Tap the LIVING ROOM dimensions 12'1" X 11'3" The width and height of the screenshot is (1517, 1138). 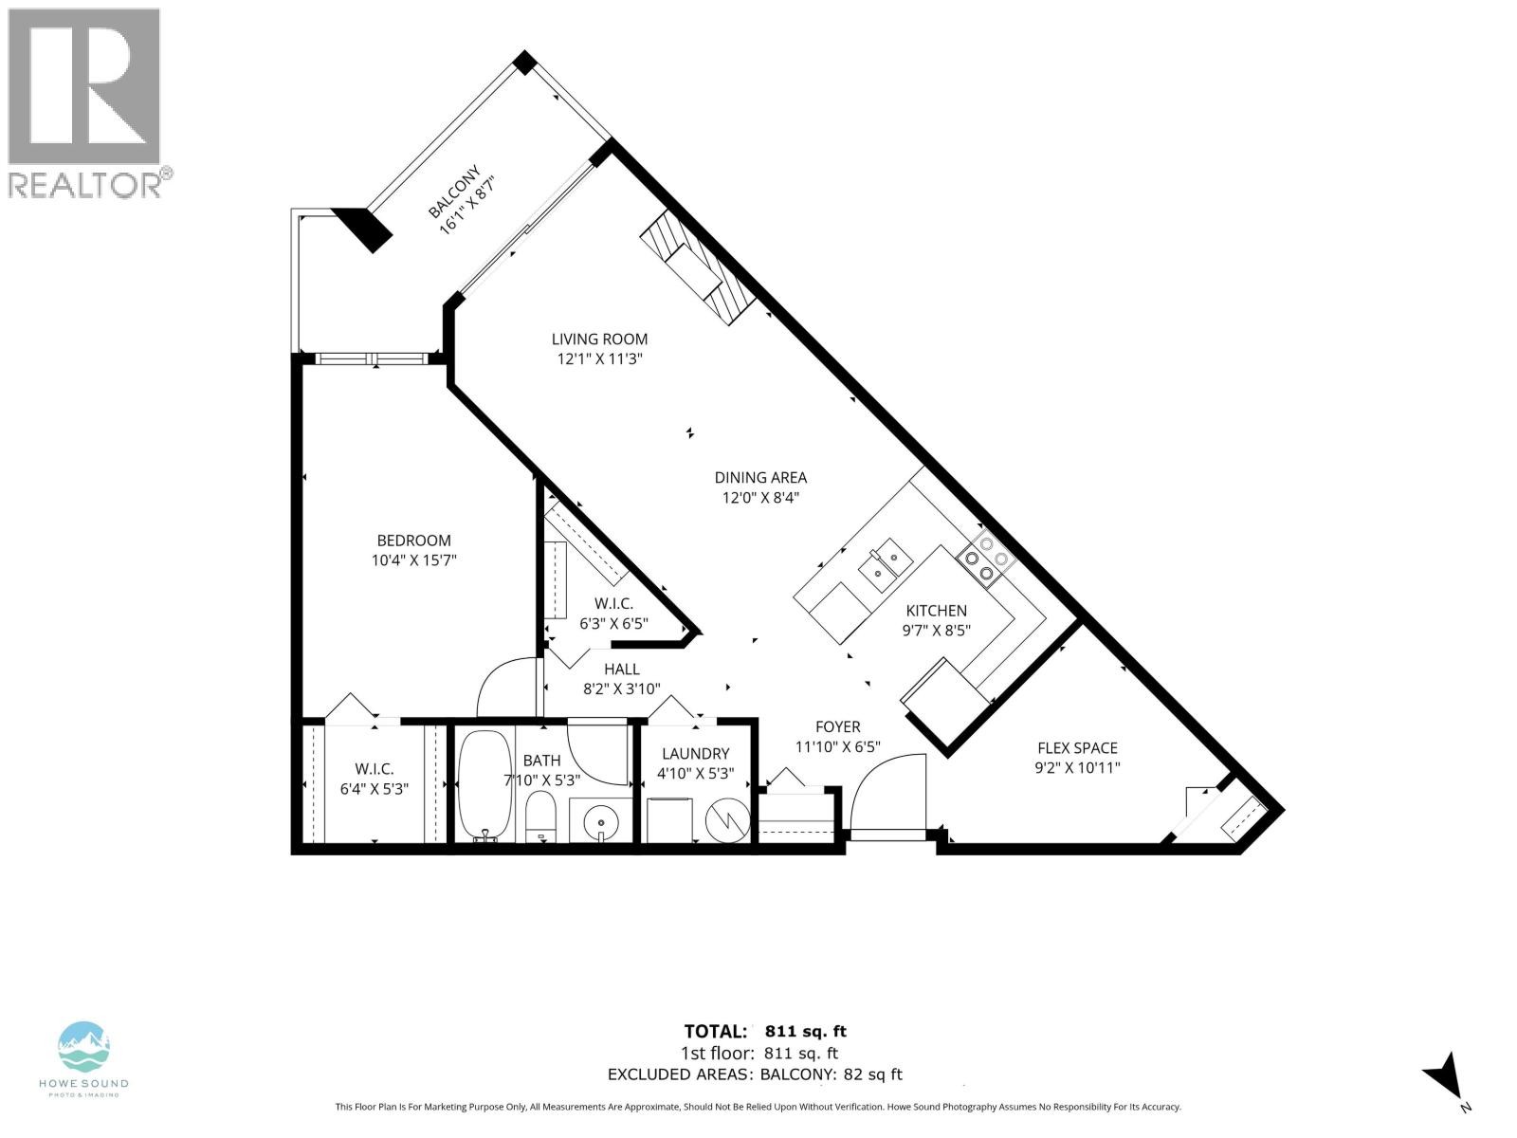(600, 358)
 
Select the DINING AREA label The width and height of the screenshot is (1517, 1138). (760, 477)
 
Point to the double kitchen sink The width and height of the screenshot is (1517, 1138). (885, 561)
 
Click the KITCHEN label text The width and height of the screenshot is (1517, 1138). (936, 611)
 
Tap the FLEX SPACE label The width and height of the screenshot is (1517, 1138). (1077, 747)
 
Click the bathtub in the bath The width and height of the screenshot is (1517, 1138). (484, 785)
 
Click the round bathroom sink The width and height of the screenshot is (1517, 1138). (597, 817)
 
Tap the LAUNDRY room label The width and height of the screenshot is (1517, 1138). (695, 753)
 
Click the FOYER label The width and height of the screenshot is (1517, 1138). (838, 726)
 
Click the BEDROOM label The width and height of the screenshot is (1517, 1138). (413, 540)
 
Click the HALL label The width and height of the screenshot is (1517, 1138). (621, 669)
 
